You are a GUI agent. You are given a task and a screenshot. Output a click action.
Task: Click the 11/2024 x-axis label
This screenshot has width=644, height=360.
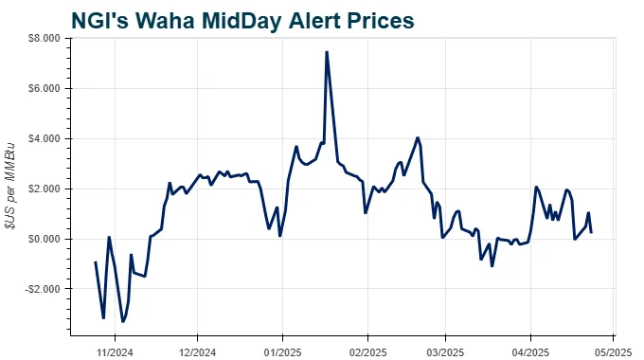[115, 349]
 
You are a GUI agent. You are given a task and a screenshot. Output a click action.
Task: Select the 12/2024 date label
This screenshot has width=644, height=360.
[196, 349]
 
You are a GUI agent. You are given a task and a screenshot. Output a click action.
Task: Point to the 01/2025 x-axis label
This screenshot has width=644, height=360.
[281, 349]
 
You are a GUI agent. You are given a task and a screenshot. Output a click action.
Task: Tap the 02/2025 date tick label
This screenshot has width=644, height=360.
[367, 349]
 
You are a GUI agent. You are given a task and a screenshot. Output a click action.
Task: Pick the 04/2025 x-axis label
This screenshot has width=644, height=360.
[529, 349]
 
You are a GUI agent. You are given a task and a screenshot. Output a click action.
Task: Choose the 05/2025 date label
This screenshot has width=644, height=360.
[611, 349]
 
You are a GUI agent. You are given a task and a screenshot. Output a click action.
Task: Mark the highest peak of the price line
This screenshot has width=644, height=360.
[326, 52]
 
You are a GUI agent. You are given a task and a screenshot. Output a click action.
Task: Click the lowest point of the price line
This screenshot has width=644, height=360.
[123, 322]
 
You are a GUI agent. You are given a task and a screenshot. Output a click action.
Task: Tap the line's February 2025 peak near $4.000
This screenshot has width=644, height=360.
[418, 137]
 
